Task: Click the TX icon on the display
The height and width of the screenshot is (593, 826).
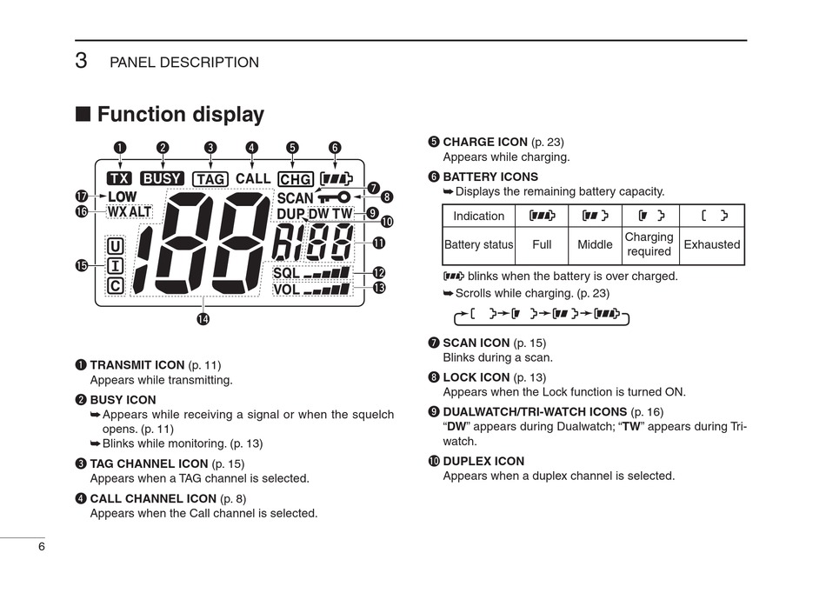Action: [119, 178]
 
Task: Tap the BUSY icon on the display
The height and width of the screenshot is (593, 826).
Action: [162, 178]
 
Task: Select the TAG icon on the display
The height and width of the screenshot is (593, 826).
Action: [210, 179]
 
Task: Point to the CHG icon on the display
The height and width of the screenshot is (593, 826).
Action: [296, 179]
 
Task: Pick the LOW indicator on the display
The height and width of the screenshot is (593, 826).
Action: [122, 197]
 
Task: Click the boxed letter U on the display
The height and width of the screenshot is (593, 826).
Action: [115, 246]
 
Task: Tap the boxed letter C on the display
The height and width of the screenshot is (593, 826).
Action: [115, 286]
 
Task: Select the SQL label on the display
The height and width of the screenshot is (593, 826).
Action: [286, 273]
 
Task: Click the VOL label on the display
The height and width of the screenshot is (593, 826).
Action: [286, 289]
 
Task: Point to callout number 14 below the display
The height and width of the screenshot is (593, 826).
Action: [203, 319]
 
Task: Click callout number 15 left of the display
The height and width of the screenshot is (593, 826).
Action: [83, 265]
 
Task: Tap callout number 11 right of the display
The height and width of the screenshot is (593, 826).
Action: [378, 243]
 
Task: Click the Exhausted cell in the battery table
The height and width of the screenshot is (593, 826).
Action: [711, 244]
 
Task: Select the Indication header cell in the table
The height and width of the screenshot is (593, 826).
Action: [478, 216]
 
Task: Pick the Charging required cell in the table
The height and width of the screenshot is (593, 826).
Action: [649, 244]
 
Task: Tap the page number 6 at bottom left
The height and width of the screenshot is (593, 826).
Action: [40, 546]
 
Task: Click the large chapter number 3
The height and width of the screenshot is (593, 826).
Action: [81, 60]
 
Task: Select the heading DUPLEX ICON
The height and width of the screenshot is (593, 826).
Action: [483, 461]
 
